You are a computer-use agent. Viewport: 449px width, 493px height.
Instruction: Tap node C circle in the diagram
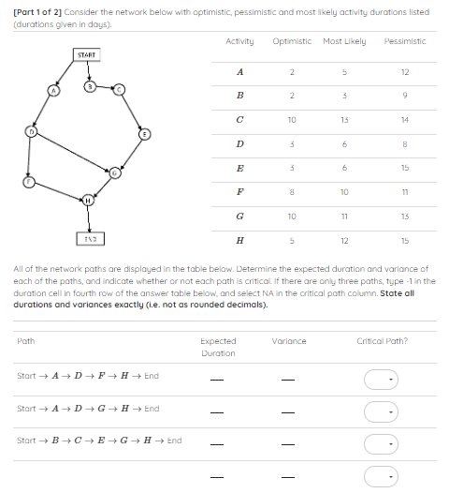click(x=120, y=89)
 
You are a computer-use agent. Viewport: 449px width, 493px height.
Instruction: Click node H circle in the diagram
click(x=89, y=200)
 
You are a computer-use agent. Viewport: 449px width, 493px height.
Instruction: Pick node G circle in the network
click(x=115, y=174)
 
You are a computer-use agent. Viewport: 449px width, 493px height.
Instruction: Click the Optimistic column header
click(x=292, y=41)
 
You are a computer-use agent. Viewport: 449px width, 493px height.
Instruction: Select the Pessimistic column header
click(x=405, y=41)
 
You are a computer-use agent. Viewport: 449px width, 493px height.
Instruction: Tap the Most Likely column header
click(x=344, y=41)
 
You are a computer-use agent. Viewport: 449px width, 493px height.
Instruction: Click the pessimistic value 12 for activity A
click(x=405, y=72)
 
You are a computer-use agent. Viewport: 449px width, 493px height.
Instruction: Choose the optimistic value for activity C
click(x=292, y=120)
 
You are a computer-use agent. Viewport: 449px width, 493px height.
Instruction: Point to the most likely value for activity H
click(x=344, y=239)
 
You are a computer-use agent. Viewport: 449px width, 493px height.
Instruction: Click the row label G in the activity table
click(x=240, y=215)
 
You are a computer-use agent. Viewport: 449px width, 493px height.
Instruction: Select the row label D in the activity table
click(x=240, y=143)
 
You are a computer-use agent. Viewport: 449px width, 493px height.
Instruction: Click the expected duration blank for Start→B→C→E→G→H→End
click(x=217, y=445)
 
